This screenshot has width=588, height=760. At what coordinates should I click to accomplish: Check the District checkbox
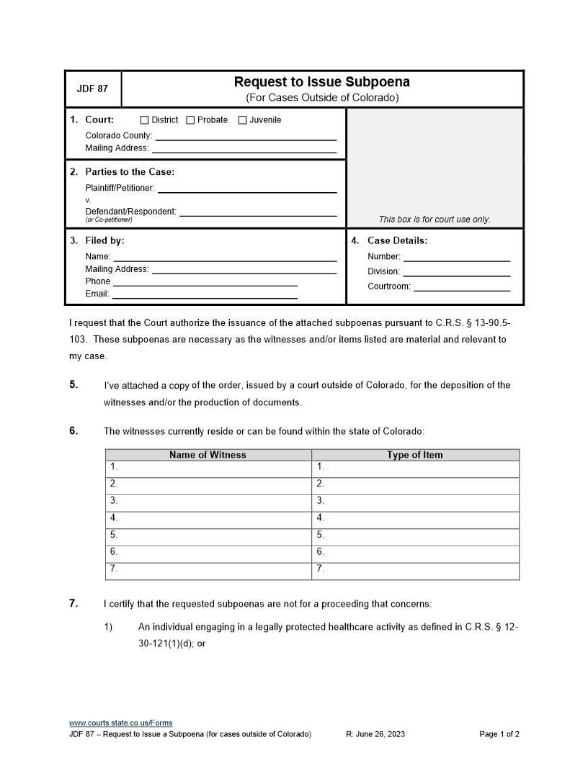click(x=144, y=120)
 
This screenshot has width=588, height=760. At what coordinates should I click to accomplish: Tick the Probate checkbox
click(x=190, y=120)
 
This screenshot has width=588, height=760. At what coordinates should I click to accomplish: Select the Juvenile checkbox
click(x=243, y=120)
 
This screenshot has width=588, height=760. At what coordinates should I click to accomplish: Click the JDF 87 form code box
click(x=92, y=89)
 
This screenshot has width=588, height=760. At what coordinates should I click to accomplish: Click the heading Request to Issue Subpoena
click(x=322, y=82)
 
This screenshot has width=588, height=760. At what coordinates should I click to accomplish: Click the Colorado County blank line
click(x=246, y=137)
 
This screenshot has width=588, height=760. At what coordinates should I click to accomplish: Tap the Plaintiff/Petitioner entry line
click(x=247, y=189)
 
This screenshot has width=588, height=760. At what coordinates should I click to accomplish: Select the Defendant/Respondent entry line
click(x=258, y=212)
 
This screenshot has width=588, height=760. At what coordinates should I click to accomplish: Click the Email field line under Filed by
click(x=205, y=295)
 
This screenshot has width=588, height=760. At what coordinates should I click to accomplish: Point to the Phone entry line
click(x=205, y=283)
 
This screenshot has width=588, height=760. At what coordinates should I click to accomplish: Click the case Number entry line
click(x=457, y=258)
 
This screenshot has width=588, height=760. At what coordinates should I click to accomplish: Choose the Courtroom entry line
click(x=462, y=288)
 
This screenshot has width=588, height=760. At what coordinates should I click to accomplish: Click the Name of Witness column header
click(x=208, y=455)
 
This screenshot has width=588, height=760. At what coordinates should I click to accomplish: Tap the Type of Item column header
click(x=415, y=455)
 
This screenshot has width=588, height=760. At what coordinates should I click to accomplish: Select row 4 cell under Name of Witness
click(x=209, y=518)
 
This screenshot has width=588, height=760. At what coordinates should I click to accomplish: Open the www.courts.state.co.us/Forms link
click(x=120, y=723)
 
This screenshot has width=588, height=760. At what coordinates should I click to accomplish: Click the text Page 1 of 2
click(x=499, y=734)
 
